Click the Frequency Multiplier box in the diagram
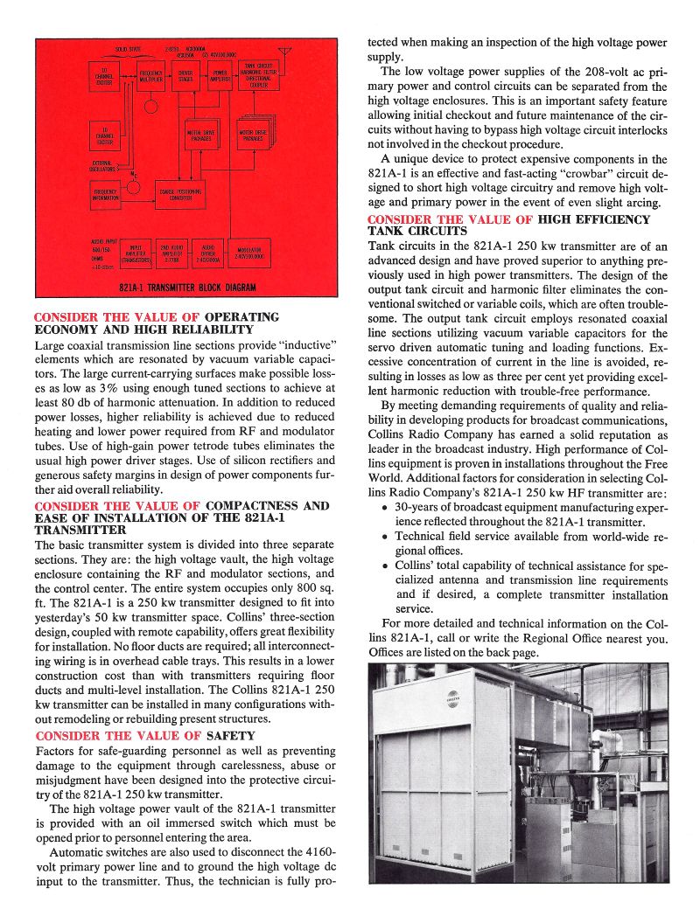[150, 77]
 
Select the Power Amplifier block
[220, 77]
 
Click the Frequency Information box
[105, 194]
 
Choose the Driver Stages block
[185, 77]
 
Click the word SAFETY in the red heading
[231, 736]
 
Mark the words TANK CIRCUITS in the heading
[417, 232]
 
